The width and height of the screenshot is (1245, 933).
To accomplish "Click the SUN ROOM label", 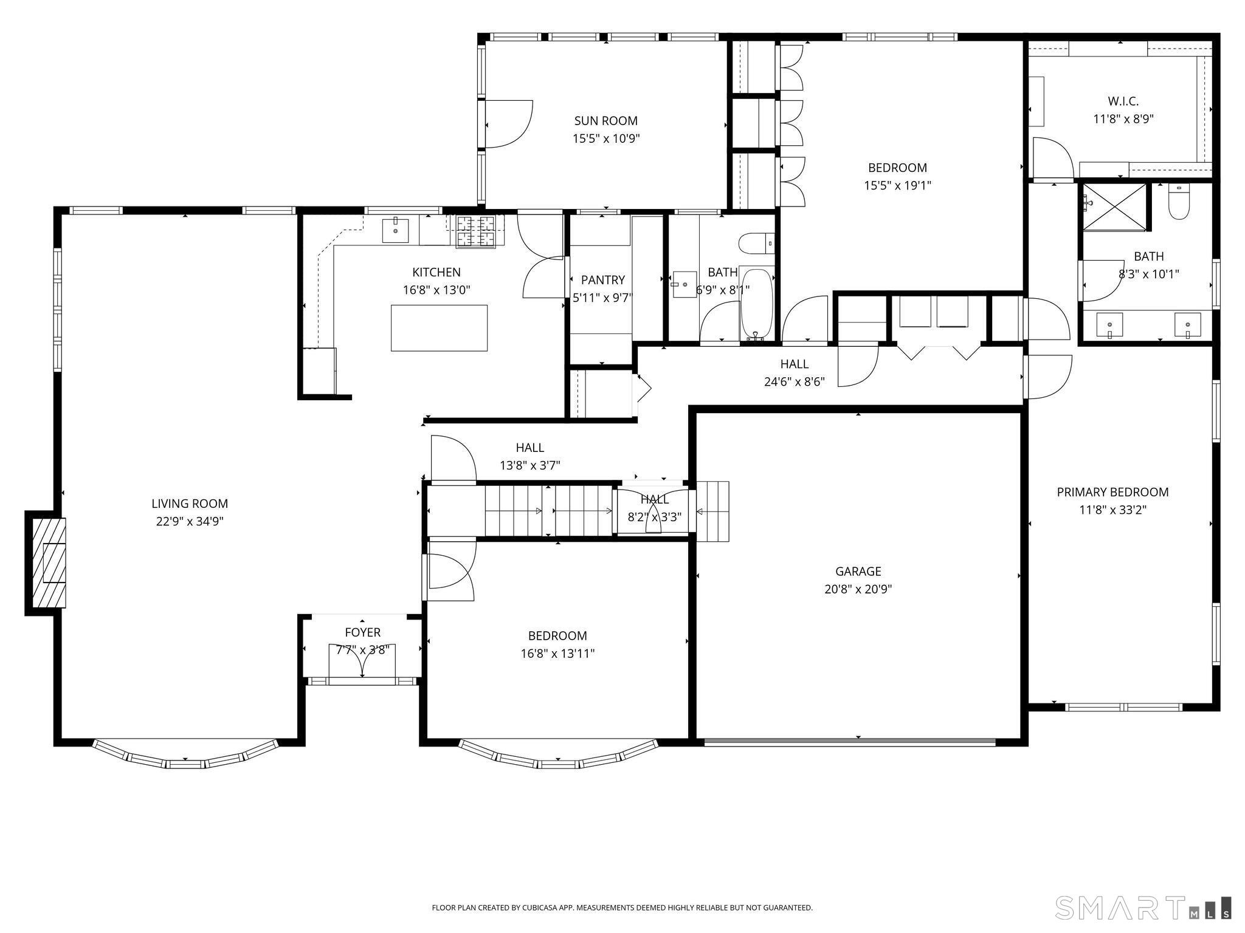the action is [x=605, y=121].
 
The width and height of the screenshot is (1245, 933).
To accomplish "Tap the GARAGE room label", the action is [x=858, y=571].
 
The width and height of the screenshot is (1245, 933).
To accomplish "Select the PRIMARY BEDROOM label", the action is [x=1112, y=492].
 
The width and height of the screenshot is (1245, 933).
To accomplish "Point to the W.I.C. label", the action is [x=1123, y=101].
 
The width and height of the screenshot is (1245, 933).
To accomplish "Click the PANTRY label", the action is [x=602, y=280].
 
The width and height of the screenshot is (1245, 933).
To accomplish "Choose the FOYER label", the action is [x=362, y=632].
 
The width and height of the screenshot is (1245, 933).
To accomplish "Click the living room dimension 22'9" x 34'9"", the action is [x=190, y=521].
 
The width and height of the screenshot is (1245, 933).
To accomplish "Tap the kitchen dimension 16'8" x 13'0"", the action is [x=436, y=290].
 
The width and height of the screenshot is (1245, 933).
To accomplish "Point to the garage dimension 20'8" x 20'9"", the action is [x=858, y=589].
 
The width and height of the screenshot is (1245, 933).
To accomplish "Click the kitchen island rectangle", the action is [x=439, y=328].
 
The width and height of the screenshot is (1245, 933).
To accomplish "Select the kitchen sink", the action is [x=395, y=230].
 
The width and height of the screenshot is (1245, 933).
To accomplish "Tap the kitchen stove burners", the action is [x=476, y=231].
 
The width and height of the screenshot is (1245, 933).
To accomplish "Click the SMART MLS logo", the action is [x=1143, y=907].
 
